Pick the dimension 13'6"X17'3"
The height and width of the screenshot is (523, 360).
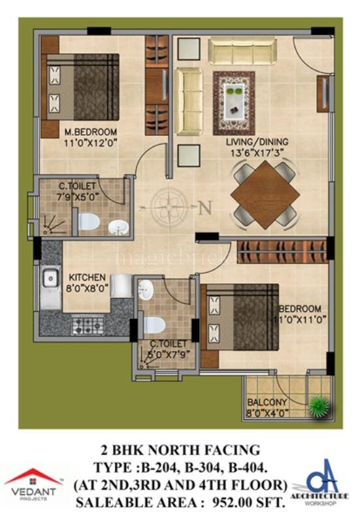click(x=259, y=152)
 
